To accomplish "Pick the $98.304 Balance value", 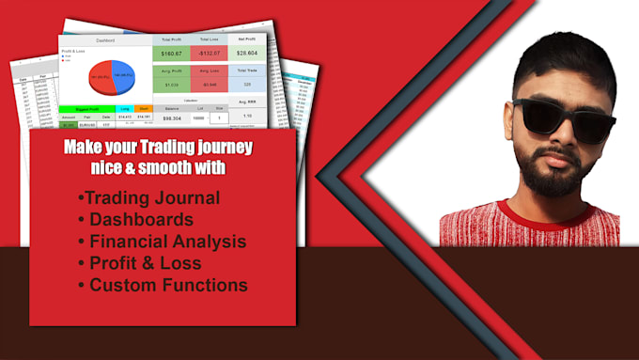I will click(x=173, y=117).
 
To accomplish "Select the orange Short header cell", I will click(x=144, y=108).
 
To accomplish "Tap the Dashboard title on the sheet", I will click(x=104, y=40).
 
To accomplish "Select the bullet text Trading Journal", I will click(x=150, y=197).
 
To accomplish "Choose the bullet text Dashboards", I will click(x=141, y=220).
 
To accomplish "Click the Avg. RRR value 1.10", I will click(x=248, y=117).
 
